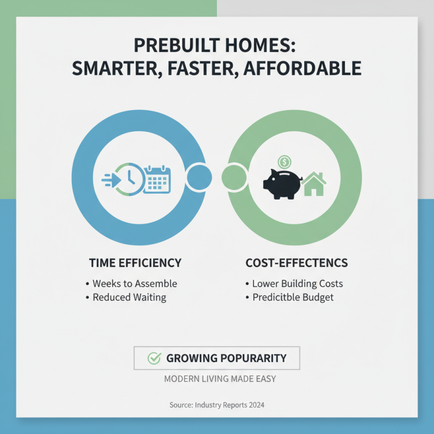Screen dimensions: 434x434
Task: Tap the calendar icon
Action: click(x=157, y=179)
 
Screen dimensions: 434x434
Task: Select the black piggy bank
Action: click(x=282, y=183)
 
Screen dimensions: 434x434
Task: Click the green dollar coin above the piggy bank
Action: click(x=285, y=161)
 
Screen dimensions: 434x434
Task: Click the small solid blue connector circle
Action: click(x=199, y=177)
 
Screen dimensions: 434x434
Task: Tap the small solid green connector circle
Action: click(x=235, y=177)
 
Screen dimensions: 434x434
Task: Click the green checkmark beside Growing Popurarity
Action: click(x=155, y=358)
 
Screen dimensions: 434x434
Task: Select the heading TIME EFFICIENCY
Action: click(x=135, y=263)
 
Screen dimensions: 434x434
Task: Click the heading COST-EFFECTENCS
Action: click(x=297, y=263)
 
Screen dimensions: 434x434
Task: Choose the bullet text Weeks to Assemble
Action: click(x=135, y=284)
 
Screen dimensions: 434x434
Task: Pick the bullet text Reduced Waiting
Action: click(x=129, y=297)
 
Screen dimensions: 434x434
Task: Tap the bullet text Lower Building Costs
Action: click(x=297, y=284)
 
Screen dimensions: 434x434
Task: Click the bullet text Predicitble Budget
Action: click(x=293, y=297)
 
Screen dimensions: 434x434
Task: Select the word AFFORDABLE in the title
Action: click(x=311, y=69)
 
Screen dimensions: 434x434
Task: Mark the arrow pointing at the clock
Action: click(x=110, y=178)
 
